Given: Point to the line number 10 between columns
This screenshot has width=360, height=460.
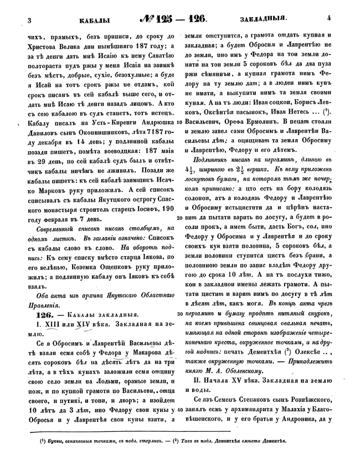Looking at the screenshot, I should [181, 136].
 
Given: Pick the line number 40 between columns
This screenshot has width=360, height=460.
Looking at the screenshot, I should [181, 409].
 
